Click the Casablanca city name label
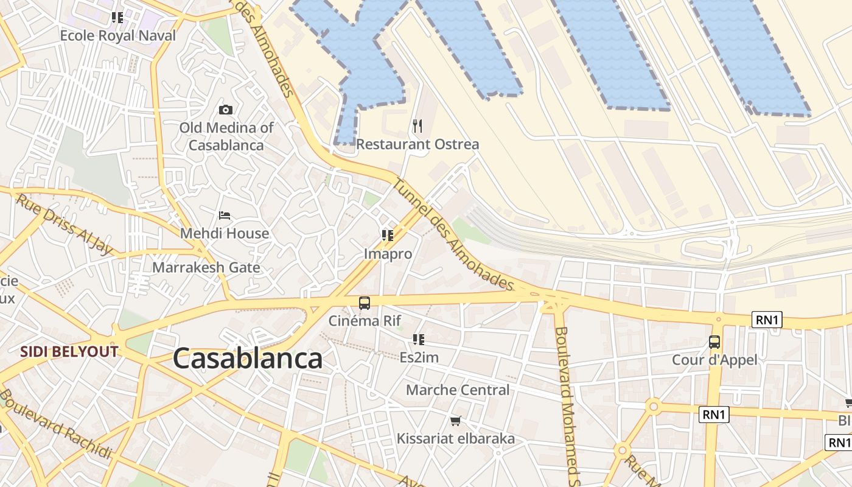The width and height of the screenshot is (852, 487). coord(248,359)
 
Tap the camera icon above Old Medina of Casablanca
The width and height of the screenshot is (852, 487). coord(226,110)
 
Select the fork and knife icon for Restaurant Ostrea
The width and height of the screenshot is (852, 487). coord(417,126)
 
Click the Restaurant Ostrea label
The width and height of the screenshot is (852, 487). coord(417,144)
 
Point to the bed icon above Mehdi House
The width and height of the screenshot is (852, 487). coord(225,215)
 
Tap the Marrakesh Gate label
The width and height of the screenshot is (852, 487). coord(206,267)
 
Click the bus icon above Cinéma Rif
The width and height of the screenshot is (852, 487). coord(364,303)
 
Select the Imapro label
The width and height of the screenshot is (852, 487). coord(388,254)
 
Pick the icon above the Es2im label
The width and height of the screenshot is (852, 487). coord(418,339)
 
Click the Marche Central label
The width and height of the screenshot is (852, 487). coord(458,390)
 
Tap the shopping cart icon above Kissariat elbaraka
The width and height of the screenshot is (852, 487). coord(455,421)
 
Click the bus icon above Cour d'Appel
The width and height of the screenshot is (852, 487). coord(714,342)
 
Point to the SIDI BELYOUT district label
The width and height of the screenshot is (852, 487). coord(69,351)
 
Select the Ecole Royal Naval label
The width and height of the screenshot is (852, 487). coord(117,35)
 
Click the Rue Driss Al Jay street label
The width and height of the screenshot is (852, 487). coord(65,224)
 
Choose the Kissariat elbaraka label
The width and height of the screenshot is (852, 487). coord(455,438)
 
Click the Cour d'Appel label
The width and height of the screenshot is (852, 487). coord(714,360)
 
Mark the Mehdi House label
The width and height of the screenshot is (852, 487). coord(225,233)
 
